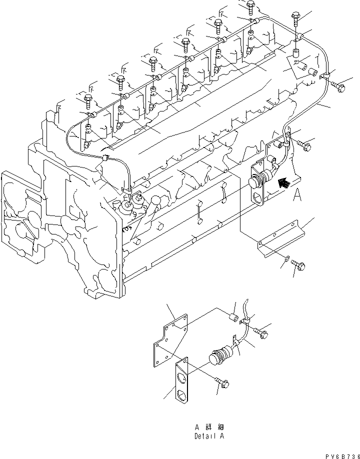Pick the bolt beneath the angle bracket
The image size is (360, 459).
click(299, 265)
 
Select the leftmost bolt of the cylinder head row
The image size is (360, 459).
click(88, 99)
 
